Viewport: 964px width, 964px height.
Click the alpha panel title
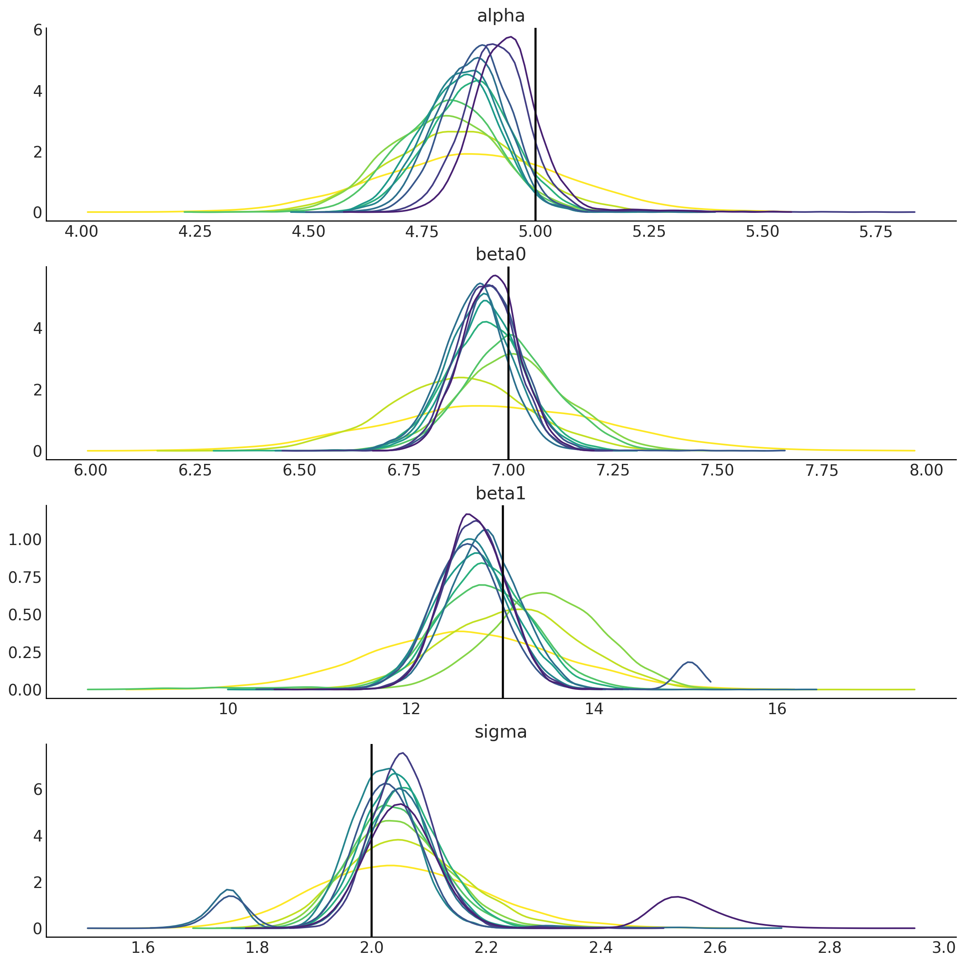[x=501, y=16]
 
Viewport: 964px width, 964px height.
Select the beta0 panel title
[x=501, y=255]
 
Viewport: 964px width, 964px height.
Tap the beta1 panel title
[x=501, y=493]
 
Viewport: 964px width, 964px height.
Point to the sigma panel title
[x=501, y=732]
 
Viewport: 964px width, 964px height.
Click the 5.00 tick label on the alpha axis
[x=536, y=232]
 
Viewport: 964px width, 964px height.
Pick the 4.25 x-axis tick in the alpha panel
[x=195, y=232]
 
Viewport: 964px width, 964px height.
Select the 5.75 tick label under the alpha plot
[x=876, y=232]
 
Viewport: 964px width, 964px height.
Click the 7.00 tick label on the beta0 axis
[x=508, y=471]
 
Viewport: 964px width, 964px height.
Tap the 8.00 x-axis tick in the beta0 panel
[x=926, y=471]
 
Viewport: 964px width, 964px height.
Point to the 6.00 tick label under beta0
[x=90, y=471]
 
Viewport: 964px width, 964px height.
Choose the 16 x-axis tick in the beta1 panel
[x=777, y=709]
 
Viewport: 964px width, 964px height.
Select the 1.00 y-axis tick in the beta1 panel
[x=25, y=540]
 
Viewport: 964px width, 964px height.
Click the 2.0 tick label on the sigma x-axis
[x=371, y=948]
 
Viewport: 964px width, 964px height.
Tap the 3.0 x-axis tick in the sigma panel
[x=944, y=948]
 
